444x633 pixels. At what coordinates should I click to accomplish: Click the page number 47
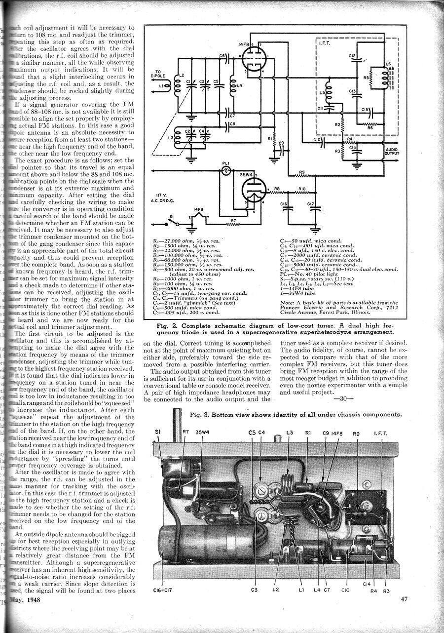click(x=404, y=599)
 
